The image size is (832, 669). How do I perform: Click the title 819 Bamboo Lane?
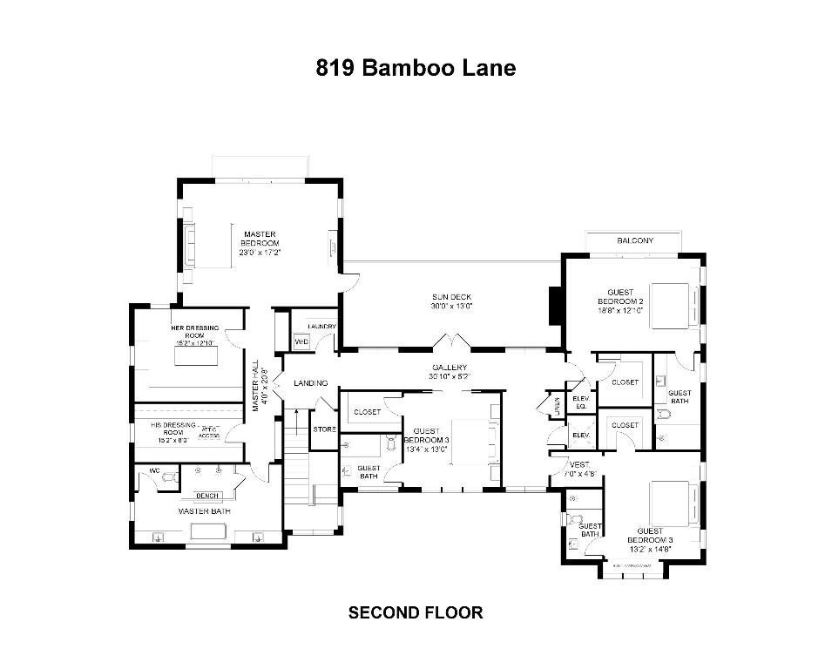(x=416, y=68)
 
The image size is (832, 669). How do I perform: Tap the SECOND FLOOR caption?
(x=416, y=612)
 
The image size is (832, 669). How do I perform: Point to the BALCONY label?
(x=634, y=240)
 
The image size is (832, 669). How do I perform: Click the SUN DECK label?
(x=450, y=301)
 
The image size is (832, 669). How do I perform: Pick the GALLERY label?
(x=450, y=372)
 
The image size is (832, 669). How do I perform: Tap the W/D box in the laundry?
(x=301, y=341)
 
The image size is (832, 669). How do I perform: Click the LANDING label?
(x=310, y=383)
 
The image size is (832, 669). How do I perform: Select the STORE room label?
(x=324, y=429)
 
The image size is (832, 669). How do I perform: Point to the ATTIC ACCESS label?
(x=209, y=432)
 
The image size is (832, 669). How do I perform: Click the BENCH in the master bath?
(x=206, y=496)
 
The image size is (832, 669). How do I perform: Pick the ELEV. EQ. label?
(x=580, y=402)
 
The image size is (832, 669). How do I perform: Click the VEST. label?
(x=580, y=469)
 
